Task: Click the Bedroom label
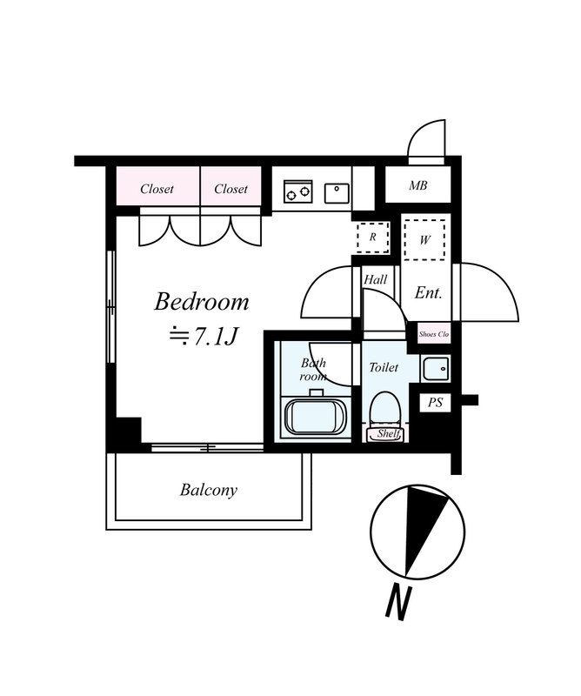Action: tap(202, 303)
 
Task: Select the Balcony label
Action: tap(209, 490)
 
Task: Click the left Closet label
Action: tap(157, 189)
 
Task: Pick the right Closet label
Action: tap(230, 189)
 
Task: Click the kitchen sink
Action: tap(337, 191)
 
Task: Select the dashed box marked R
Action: tap(372, 236)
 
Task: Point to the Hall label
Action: tap(376, 280)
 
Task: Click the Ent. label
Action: tap(428, 293)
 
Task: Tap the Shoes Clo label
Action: tap(433, 333)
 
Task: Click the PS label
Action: tap(435, 403)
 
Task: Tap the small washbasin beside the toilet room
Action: tap(434, 369)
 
